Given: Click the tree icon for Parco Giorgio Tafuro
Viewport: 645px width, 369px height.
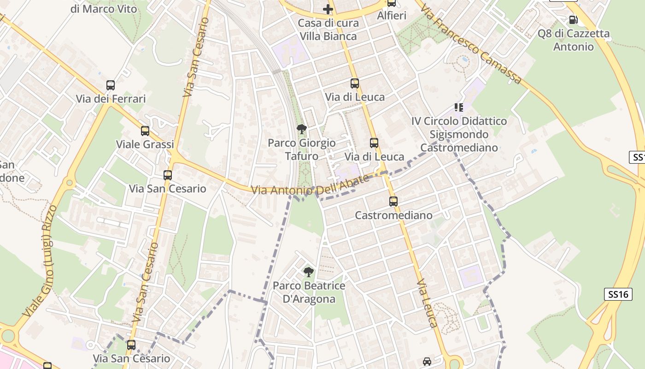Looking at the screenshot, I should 301,129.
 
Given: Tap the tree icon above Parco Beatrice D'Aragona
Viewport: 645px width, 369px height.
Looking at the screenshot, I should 308,272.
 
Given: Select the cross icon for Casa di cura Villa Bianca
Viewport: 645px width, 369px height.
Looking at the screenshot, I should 328,9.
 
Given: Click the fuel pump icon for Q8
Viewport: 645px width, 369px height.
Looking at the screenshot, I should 573,19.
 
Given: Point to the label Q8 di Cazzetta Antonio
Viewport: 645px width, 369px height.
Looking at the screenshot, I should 574,40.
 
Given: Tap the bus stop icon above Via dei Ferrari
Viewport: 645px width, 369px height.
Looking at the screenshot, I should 111,85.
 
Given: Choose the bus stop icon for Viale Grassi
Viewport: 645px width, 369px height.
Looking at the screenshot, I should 145,131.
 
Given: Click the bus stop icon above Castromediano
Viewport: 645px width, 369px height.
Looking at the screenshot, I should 393,202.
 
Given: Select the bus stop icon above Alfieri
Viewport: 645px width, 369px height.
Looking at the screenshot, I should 392,3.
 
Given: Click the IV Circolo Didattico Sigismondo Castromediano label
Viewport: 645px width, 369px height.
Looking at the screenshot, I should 459,134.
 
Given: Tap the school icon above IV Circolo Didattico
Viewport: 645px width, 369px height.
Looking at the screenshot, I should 458,107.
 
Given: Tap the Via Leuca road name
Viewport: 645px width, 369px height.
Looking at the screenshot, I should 427,303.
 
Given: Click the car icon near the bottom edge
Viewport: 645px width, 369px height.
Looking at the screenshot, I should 427,362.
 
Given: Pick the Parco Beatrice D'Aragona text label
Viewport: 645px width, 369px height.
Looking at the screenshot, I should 309,292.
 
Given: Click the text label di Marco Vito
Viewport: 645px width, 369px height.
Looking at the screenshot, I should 104,9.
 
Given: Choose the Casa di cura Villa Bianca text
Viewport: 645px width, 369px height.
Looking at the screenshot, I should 328,30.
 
